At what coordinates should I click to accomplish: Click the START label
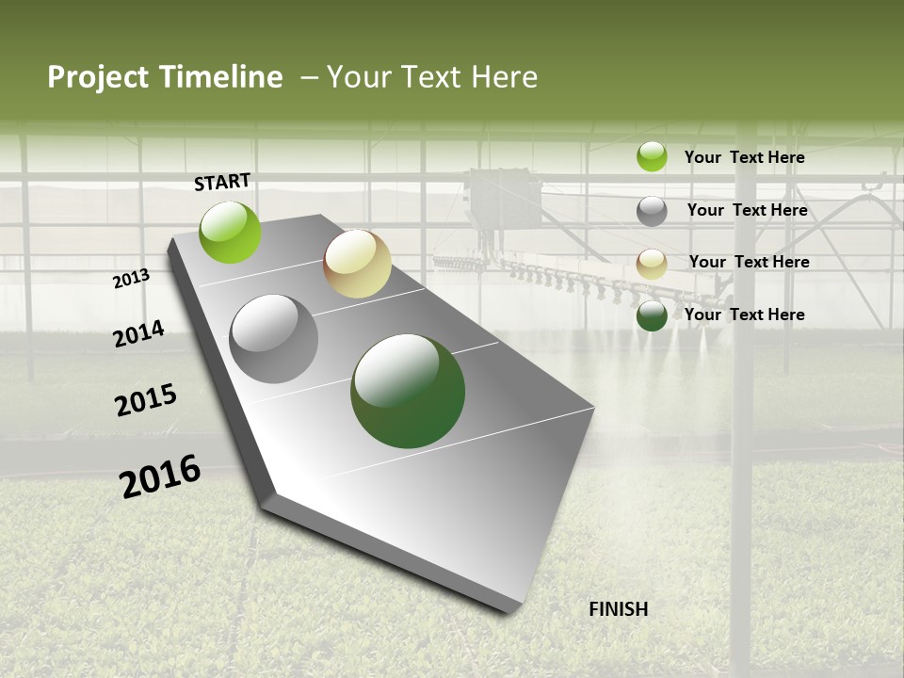222,181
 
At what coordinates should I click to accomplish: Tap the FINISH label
618,609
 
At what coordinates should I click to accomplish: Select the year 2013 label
131,278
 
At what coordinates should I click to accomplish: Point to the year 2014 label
138,333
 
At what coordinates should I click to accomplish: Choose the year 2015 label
146,400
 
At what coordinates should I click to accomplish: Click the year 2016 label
160,476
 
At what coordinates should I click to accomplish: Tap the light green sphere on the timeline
230,233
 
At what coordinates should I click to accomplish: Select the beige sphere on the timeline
357,264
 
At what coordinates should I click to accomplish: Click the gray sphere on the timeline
274,339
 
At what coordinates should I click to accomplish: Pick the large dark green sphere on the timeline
408,391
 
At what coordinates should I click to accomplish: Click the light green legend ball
652,156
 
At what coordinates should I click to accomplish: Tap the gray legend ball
652,211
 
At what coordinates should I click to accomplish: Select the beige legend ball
652,264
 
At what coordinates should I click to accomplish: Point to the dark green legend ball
652,316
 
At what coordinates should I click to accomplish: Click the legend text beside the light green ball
744,157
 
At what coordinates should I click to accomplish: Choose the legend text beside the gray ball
747,210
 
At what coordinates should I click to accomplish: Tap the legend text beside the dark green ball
744,315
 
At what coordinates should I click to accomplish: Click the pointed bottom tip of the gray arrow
513,610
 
